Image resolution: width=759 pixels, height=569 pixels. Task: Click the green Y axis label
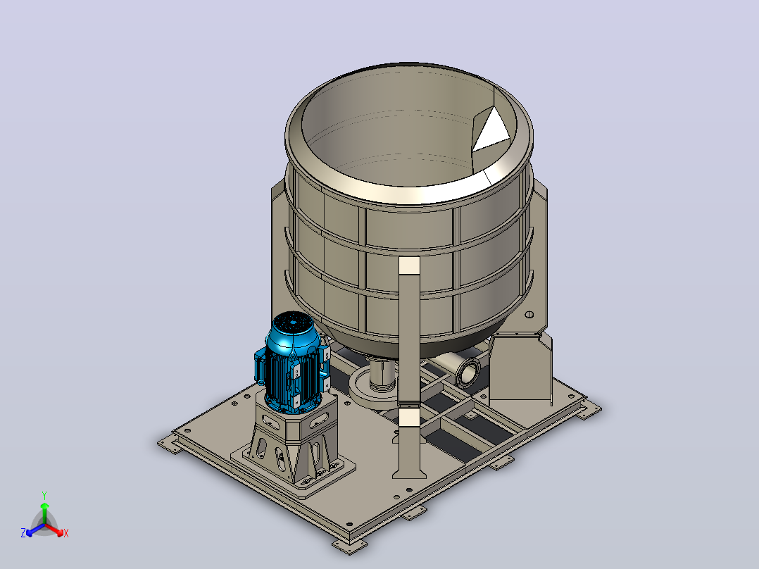[44, 495]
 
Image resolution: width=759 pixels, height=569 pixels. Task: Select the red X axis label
[66, 533]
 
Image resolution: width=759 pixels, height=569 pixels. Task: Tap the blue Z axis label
[23, 532]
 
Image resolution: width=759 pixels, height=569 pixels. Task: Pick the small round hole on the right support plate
[529, 314]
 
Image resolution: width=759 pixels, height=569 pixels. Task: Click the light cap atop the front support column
[410, 265]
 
